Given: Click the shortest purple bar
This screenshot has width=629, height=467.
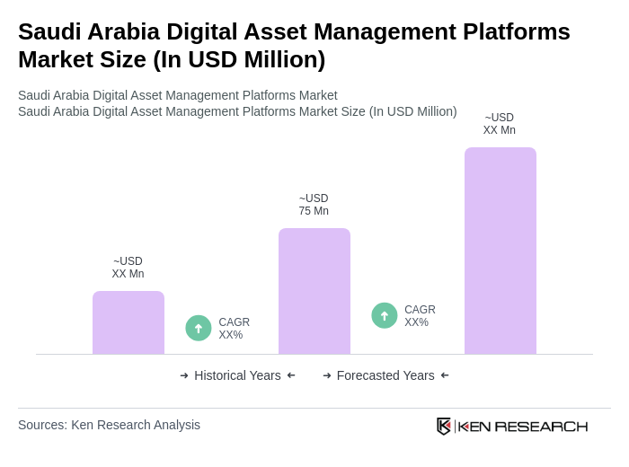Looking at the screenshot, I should click(128, 322).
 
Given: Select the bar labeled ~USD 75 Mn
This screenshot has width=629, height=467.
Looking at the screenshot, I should click(314, 291).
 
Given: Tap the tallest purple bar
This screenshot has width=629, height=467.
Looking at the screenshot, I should click(500, 251).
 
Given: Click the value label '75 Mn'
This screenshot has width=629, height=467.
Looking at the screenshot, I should click(314, 211).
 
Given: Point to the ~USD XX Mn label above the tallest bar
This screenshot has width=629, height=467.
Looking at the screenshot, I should click(500, 124).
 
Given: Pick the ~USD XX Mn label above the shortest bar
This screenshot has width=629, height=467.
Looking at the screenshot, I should click(128, 268).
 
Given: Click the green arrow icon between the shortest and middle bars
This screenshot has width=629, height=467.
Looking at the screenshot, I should click(199, 328).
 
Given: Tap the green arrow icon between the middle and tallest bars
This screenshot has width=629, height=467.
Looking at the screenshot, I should click(385, 315).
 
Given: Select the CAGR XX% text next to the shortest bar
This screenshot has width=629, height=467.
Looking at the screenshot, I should click(234, 329).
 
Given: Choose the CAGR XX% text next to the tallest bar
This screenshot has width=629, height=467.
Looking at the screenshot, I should click(420, 316).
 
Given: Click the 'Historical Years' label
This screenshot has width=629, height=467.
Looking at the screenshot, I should click(237, 375).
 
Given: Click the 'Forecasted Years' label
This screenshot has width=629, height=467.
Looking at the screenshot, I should click(385, 375).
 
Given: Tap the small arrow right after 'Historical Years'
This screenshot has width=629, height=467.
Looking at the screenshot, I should click(291, 375).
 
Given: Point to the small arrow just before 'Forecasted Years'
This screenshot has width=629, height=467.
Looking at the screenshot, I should click(327, 375).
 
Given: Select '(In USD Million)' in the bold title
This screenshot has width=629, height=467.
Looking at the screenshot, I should click(239, 59).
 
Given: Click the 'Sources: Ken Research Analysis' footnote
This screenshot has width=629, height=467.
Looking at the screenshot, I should click(109, 425).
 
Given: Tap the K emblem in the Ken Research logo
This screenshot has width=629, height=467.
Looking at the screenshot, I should click(444, 426).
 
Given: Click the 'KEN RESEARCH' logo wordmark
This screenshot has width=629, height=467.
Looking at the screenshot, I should click(523, 426).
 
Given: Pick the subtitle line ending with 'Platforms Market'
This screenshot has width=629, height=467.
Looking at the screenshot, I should click(178, 95).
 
